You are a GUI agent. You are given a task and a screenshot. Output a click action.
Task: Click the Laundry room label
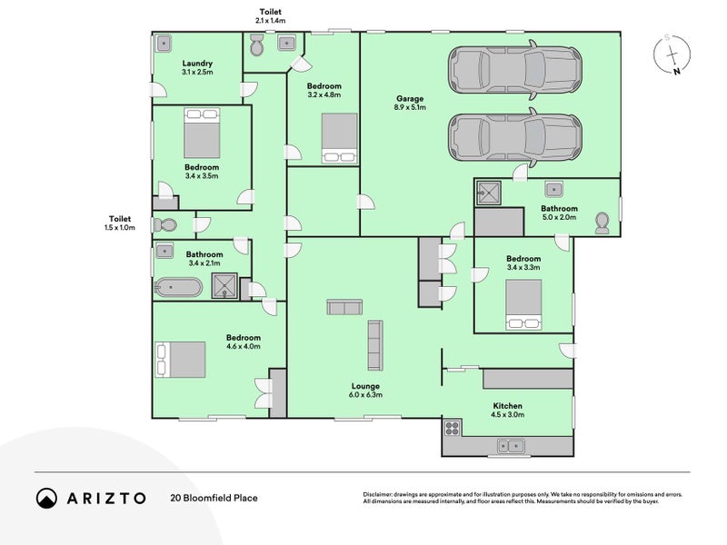pos(197,64)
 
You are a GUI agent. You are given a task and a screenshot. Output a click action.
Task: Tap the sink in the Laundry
pos(164,44)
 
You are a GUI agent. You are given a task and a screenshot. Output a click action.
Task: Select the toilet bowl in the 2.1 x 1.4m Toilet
pos(256,45)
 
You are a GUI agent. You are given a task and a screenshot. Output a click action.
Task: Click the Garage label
pos(410,98)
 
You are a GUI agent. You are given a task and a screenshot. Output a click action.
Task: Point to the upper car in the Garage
pos(514,70)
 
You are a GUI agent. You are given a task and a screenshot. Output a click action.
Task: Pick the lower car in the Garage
pos(514,138)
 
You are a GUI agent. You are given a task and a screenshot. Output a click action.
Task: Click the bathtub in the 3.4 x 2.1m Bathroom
pos(178,287)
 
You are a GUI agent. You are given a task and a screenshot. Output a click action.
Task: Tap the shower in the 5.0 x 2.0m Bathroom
pos(488,193)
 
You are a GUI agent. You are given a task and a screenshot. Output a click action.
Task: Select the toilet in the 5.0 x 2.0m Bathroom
pos(602,223)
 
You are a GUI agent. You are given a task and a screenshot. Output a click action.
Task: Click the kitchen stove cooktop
pos(452,428)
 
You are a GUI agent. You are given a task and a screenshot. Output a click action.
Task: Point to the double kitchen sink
pos(511,446)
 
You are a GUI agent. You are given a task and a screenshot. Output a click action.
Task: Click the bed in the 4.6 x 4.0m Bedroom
pos(180,360)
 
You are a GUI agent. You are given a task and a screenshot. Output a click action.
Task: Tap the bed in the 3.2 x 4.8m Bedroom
pos(340,138)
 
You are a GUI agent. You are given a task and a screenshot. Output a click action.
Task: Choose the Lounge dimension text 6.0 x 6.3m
pos(366,395)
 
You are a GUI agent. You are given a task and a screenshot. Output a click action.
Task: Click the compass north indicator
pos(677,72)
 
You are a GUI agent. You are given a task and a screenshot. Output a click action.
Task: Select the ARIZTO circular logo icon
pos(47,498)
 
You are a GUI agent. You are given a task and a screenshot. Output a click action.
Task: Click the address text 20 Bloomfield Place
pos(214,498)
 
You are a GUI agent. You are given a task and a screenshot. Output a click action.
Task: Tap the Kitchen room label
pos(507,406)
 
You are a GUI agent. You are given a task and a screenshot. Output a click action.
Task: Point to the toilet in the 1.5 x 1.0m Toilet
pos(164,225)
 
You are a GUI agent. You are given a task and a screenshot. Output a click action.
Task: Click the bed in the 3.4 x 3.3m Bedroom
pos(524,304)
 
